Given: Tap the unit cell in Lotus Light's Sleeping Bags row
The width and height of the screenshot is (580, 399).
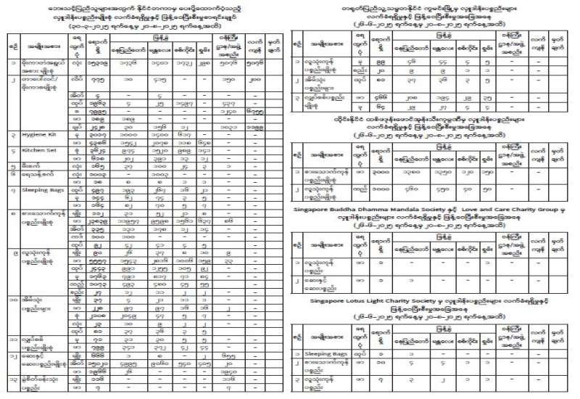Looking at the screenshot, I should pyautogui.click(x=375, y=353).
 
